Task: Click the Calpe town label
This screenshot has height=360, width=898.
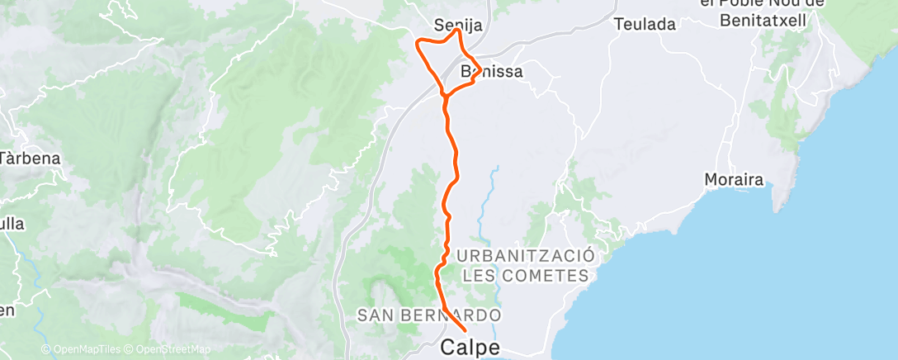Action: [x=470, y=347]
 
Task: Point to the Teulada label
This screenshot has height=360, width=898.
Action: [x=645, y=24]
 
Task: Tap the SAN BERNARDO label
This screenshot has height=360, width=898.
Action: [x=429, y=315]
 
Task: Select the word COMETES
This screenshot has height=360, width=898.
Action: [x=548, y=276]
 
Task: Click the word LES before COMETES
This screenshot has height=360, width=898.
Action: [x=481, y=276]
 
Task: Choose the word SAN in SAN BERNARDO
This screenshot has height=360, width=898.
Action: [x=374, y=315]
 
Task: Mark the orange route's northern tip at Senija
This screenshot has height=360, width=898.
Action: [x=456, y=31]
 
